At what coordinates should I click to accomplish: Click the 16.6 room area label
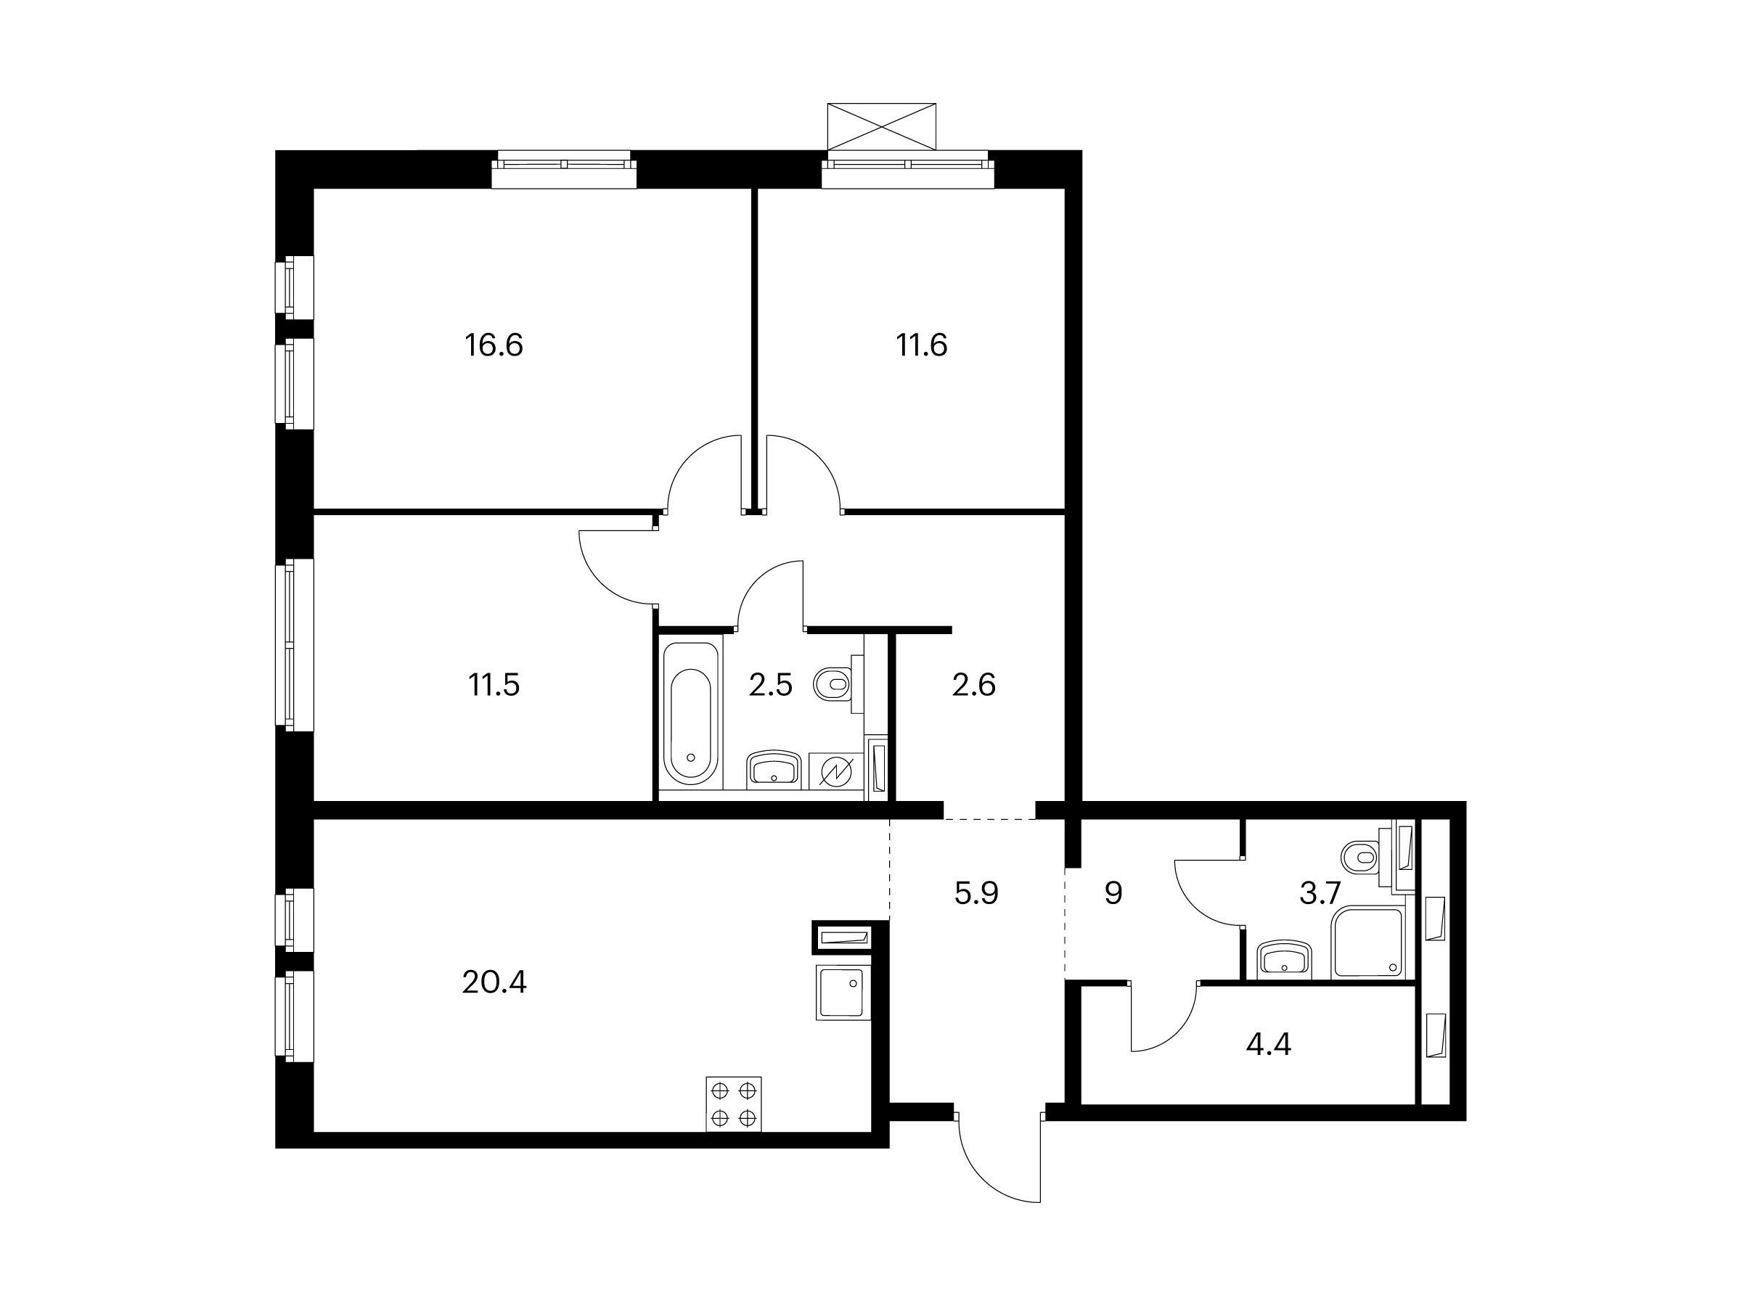(494, 345)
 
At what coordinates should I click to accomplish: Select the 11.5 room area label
(494, 685)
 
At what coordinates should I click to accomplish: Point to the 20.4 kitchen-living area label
(494, 982)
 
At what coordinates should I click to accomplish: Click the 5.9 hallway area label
(976, 893)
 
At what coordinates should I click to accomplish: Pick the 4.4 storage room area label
(1269, 1045)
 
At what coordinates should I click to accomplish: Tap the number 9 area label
(1113, 893)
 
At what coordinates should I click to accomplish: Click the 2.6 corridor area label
(974, 685)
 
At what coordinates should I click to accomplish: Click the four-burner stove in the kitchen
(734, 1104)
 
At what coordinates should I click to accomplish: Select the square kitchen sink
(843, 993)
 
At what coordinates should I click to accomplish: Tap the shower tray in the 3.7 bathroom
(1369, 943)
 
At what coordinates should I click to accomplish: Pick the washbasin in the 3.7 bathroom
(1285, 960)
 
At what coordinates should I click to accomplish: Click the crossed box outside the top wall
(881, 126)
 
